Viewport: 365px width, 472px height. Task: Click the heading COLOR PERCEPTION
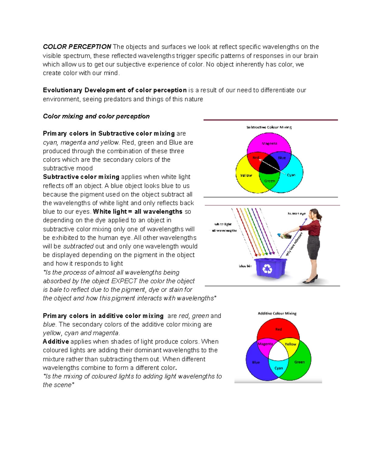[x=77, y=47]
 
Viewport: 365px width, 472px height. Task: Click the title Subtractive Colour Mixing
[x=269, y=127]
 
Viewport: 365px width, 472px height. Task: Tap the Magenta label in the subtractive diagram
[x=269, y=143]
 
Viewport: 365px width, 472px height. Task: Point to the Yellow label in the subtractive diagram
[x=246, y=175]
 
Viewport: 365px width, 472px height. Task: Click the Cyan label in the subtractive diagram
[x=291, y=175]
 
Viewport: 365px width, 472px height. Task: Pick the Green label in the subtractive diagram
[x=269, y=181]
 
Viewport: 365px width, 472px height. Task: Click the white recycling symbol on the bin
[x=267, y=268]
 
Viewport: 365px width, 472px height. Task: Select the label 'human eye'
[x=297, y=214]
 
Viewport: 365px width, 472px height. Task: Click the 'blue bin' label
[x=245, y=266]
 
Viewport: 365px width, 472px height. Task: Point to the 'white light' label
[x=223, y=224]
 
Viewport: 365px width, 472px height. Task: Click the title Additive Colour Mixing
[x=277, y=313]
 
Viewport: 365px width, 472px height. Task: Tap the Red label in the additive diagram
[x=279, y=329]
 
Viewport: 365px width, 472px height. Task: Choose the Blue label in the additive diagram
[x=256, y=362]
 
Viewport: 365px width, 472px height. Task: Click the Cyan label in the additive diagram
[x=279, y=368]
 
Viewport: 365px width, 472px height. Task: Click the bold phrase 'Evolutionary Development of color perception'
[x=115, y=90]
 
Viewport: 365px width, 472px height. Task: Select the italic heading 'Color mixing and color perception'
[x=96, y=116]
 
